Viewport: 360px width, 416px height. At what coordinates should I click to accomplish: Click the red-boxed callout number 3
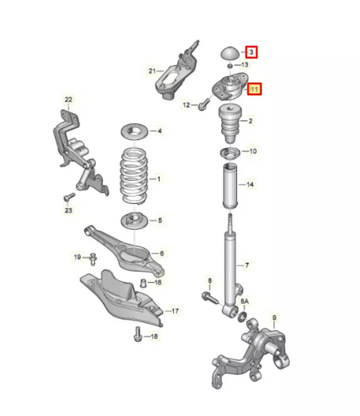coord(251,52)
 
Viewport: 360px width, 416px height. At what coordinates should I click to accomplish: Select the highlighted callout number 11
coord(254,89)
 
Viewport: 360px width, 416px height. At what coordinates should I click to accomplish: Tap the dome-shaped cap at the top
coord(230,54)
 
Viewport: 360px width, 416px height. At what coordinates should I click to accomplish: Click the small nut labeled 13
coord(230,65)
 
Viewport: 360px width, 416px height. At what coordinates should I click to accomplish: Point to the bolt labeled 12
coord(204,104)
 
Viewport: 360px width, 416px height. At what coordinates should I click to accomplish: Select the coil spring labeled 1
coord(135,176)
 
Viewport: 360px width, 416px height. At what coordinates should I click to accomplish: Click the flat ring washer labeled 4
coord(134,131)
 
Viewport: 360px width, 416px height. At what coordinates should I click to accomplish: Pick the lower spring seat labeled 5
coord(134,221)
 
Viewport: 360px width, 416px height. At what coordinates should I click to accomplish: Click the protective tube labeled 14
coord(230,186)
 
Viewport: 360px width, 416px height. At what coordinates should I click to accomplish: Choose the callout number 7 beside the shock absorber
coord(247,265)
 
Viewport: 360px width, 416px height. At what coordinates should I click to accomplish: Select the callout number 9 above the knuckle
coord(274,317)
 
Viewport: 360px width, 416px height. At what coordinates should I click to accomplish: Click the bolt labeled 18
coord(137,334)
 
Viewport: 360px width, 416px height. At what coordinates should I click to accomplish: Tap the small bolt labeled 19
coord(93,259)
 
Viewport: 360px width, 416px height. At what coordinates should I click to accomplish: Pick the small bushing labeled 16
coord(143,283)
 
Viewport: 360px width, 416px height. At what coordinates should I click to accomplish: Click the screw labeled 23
coord(69,197)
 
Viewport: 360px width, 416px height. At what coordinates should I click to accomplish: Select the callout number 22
coord(69,99)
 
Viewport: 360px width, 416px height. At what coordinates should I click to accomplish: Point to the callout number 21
coord(152,71)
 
